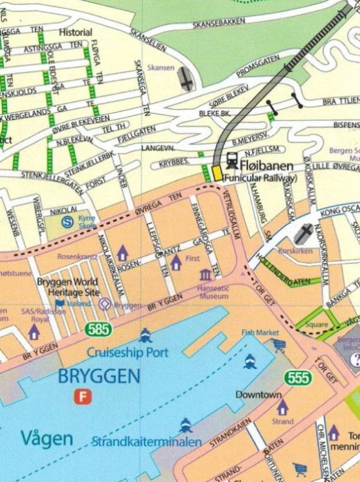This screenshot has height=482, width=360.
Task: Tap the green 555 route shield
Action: point(300,377)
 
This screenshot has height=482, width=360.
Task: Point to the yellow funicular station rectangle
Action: point(217,172)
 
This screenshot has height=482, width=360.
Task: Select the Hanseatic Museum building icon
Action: point(206,275)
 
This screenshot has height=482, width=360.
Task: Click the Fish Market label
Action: point(260,332)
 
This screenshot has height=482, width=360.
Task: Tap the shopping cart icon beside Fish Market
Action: point(279,345)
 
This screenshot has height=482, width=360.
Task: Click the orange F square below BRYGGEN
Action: point(82,397)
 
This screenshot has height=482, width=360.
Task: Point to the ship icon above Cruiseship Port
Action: point(145,335)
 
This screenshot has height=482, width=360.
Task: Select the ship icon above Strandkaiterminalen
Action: point(186,425)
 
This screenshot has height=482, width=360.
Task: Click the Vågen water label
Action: point(46,439)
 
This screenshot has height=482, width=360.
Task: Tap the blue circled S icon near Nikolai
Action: point(67,222)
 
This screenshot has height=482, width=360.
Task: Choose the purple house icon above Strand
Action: point(282,407)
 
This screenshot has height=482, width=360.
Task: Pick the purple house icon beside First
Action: point(175,262)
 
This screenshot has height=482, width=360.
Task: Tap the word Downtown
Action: point(258,394)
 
